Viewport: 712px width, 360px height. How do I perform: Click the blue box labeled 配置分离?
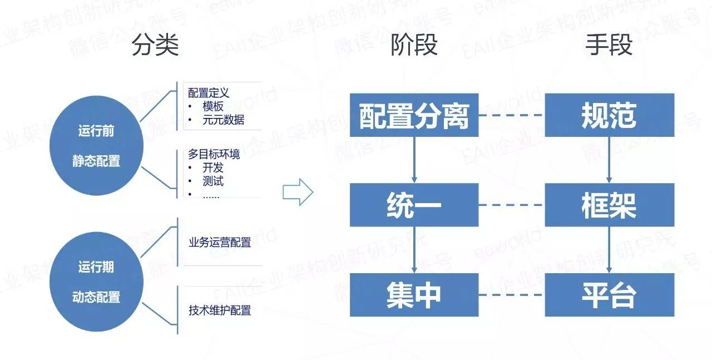[x=414, y=115]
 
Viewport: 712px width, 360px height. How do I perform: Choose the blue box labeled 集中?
[x=414, y=295]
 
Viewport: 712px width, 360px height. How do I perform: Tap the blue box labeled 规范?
[x=609, y=115]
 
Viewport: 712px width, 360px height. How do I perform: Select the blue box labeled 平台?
[x=609, y=295]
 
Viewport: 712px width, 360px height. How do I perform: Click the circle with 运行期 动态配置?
[x=96, y=282]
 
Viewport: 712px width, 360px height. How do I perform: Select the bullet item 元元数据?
[x=223, y=120]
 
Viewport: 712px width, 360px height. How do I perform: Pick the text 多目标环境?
[x=214, y=154]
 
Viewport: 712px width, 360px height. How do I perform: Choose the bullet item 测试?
[x=213, y=181]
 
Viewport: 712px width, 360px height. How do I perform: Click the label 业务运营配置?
[x=220, y=243]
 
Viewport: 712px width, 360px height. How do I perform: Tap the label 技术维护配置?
[x=220, y=310]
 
